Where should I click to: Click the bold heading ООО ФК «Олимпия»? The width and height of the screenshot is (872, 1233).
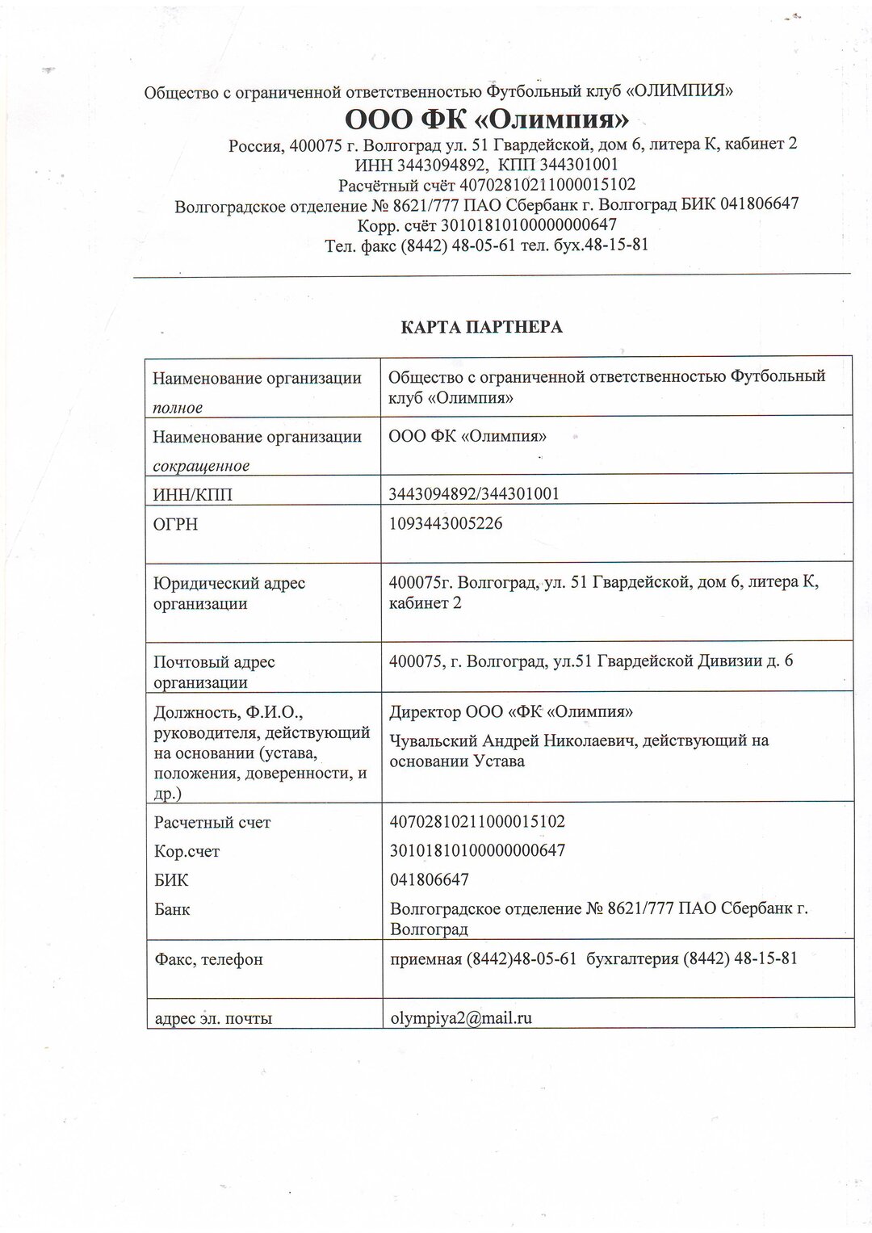(x=487, y=120)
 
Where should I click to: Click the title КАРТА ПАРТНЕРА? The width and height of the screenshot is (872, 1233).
(x=482, y=327)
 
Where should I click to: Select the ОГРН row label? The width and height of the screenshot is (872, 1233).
(x=175, y=525)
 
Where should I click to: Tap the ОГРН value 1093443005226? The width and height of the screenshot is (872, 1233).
(x=446, y=523)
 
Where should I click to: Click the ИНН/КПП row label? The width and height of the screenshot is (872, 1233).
(x=192, y=494)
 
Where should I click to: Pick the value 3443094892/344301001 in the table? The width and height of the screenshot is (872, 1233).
(x=474, y=493)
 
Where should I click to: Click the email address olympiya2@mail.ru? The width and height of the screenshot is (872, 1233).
(x=460, y=1017)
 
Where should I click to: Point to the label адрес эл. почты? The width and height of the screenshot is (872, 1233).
(x=212, y=1018)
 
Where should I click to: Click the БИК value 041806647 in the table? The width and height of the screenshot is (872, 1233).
(x=429, y=879)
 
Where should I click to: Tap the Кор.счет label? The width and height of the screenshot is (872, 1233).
(x=187, y=851)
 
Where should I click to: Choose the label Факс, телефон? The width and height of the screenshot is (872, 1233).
(x=208, y=959)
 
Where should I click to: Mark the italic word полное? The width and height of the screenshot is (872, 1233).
(x=178, y=408)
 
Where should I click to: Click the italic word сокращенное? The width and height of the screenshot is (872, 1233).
(x=201, y=466)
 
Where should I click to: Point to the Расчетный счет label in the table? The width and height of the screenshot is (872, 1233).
(x=212, y=822)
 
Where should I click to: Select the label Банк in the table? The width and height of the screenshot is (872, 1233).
(x=172, y=909)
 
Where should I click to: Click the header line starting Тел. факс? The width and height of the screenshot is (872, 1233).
(x=486, y=245)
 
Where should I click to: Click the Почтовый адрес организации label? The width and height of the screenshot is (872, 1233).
(x=214, y=672)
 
